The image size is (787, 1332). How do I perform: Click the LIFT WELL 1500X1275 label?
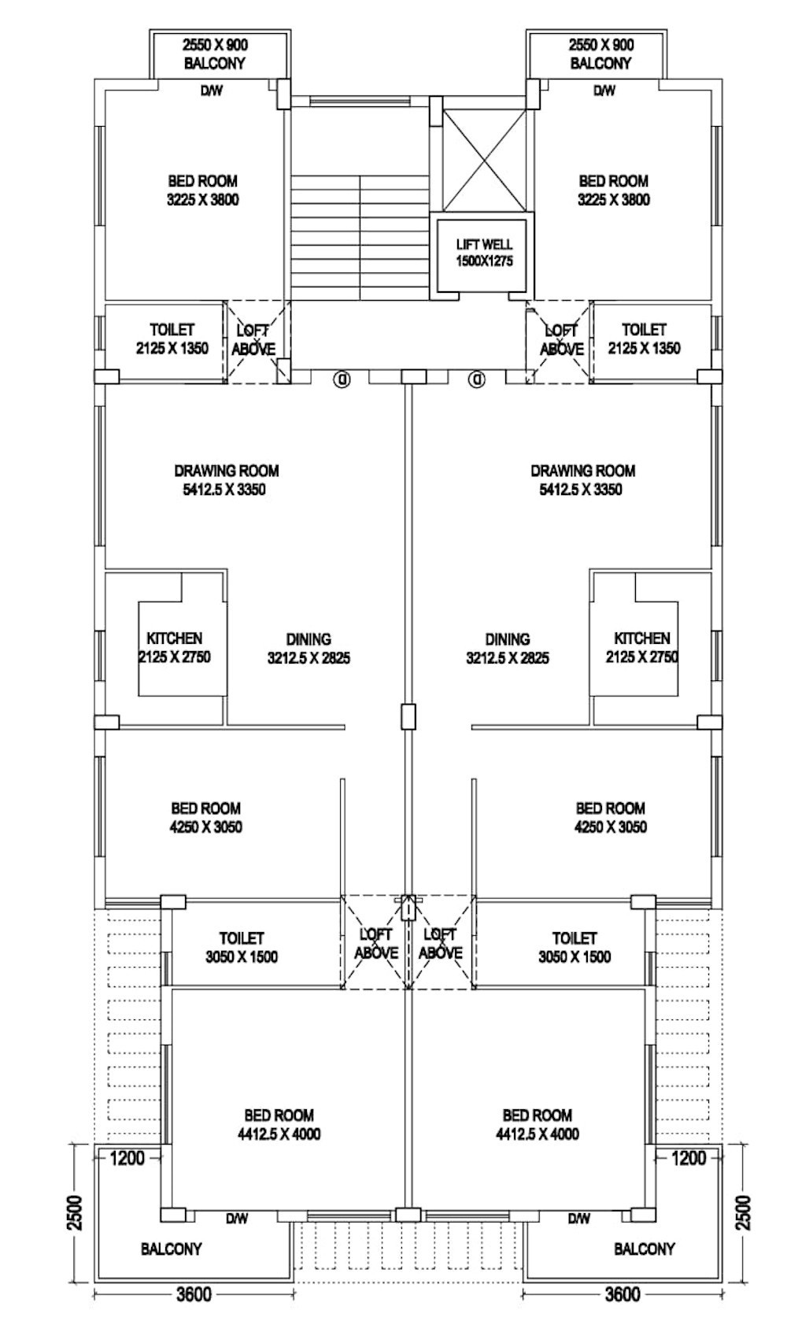point(485,253)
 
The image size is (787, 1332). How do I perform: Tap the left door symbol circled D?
point(343,379)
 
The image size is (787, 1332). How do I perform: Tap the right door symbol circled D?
point(477,379)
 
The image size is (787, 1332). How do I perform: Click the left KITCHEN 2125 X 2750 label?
point(174,648)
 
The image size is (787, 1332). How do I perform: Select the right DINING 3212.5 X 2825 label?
point(508,649)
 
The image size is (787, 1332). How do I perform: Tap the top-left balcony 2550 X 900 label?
point(215,54)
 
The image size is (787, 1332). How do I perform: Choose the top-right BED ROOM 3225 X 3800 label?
point(613,191)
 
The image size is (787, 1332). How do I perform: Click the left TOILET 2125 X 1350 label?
point(172,339)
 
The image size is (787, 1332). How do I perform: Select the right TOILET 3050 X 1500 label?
point(575,947)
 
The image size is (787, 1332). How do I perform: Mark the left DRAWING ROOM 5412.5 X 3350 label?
point(227,480)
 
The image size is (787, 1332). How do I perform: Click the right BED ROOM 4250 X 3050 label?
point(611,818)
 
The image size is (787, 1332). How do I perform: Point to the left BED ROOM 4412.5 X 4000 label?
point(279,1124)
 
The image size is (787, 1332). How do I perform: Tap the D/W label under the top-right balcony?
point(604,91)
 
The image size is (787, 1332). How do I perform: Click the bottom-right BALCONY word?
point(645,1249)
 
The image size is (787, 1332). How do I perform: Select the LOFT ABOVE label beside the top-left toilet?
point(254,339)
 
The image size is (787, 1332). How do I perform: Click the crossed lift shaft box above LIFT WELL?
point(485,161)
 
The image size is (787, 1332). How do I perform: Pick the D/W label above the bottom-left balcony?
point(237,1219)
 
